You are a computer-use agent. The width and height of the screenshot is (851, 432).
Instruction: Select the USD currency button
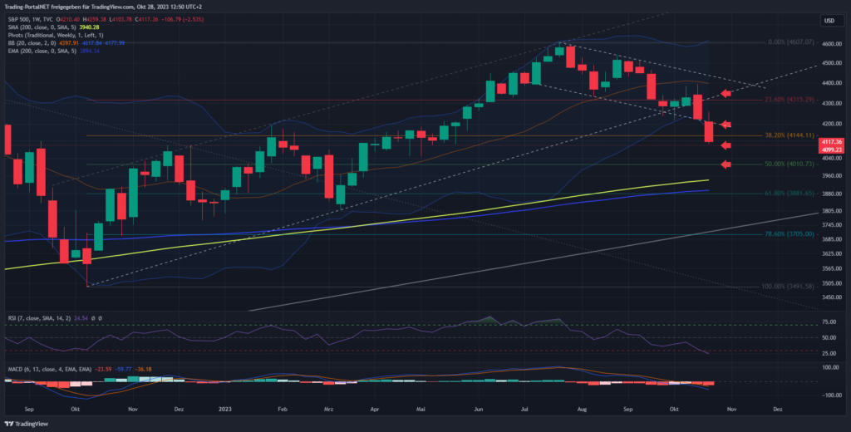(x=829, y=20)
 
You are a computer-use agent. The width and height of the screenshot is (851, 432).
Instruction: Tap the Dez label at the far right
(x=778, y=409)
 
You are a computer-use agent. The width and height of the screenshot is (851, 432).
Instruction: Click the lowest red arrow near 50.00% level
(x=725, y=164)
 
